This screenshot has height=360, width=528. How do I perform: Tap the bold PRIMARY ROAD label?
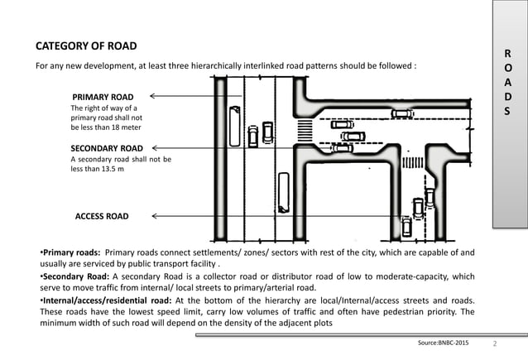(108, 96)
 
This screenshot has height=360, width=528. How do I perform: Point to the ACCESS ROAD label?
(102, 216)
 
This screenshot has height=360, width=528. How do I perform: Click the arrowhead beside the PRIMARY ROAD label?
(153, 96)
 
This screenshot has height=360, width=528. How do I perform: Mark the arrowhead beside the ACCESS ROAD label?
(156, 216)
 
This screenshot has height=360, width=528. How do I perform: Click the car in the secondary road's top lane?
(401, 114)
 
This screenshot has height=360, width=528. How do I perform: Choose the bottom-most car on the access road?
(406, 226)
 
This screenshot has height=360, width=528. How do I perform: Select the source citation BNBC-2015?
(448, 341)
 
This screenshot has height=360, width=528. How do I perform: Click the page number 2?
(494, 341)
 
